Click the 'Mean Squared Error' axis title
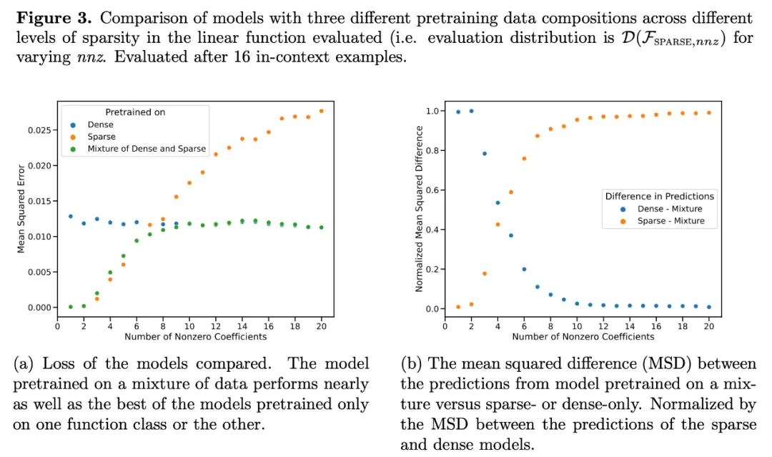pyautogui.click(x=21, y=208)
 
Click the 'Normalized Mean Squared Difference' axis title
pyautogui.click(x=419, y=208)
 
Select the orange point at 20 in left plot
pyautogui.click(x=321, y=111)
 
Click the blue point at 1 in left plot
pyautogui.click(x=70, y=216)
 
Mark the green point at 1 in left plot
pyautogui.click(x=70, y=307)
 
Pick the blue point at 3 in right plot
pyautogui.click(x=485, y=153)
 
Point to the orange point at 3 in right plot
pyautogui.click(x=485, y=273)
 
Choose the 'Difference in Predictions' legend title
pyautogui.click(x=659, y=196)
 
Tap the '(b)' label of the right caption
pyautogui.click(x=412, y=364)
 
